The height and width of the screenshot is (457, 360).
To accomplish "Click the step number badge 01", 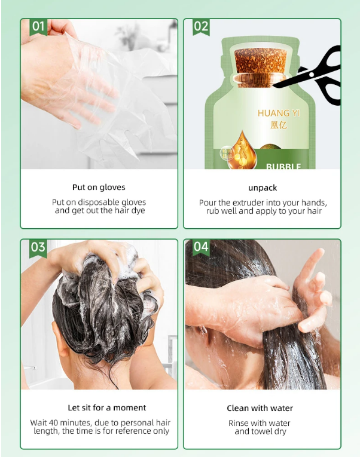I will tap(38, 27).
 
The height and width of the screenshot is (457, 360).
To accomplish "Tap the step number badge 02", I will tap(201, 27).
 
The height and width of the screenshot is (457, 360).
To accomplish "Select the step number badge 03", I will tap(38, 247).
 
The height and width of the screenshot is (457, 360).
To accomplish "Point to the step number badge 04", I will tap(201, 247).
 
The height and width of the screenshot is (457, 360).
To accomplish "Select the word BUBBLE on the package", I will tap(283, 167).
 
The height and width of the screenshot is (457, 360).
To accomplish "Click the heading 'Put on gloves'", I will tap(99, 188).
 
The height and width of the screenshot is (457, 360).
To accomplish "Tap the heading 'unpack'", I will tap(263, 188).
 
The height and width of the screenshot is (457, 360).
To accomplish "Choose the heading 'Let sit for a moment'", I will tap(106, 408).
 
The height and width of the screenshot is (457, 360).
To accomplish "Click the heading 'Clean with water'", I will tap(260, 409).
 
